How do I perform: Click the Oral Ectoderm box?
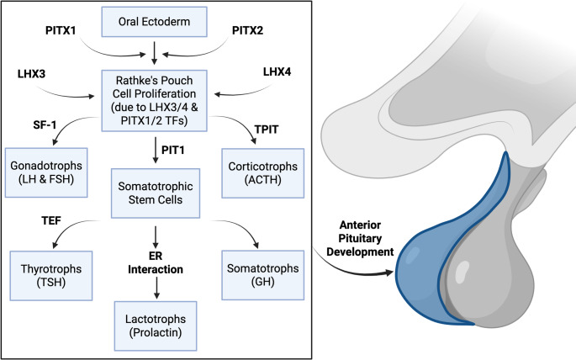154,22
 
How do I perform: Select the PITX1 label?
61,30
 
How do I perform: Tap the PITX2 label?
247,30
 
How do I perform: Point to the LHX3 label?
32,74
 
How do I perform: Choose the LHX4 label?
277,71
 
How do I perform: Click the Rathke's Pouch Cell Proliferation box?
154,101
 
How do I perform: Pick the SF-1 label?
45,124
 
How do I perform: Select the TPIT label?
267,130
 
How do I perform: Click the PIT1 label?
173,150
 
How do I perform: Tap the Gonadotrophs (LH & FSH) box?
46,172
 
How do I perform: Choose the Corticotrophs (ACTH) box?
263,173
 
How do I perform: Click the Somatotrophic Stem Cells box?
156,193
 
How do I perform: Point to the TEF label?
51,220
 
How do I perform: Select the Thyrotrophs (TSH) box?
51,276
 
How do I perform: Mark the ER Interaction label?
156,262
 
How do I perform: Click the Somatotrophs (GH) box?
263,275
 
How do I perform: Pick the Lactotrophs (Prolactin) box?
156,326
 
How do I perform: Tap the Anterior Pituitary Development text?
360,238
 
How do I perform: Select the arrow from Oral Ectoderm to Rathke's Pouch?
154,53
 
